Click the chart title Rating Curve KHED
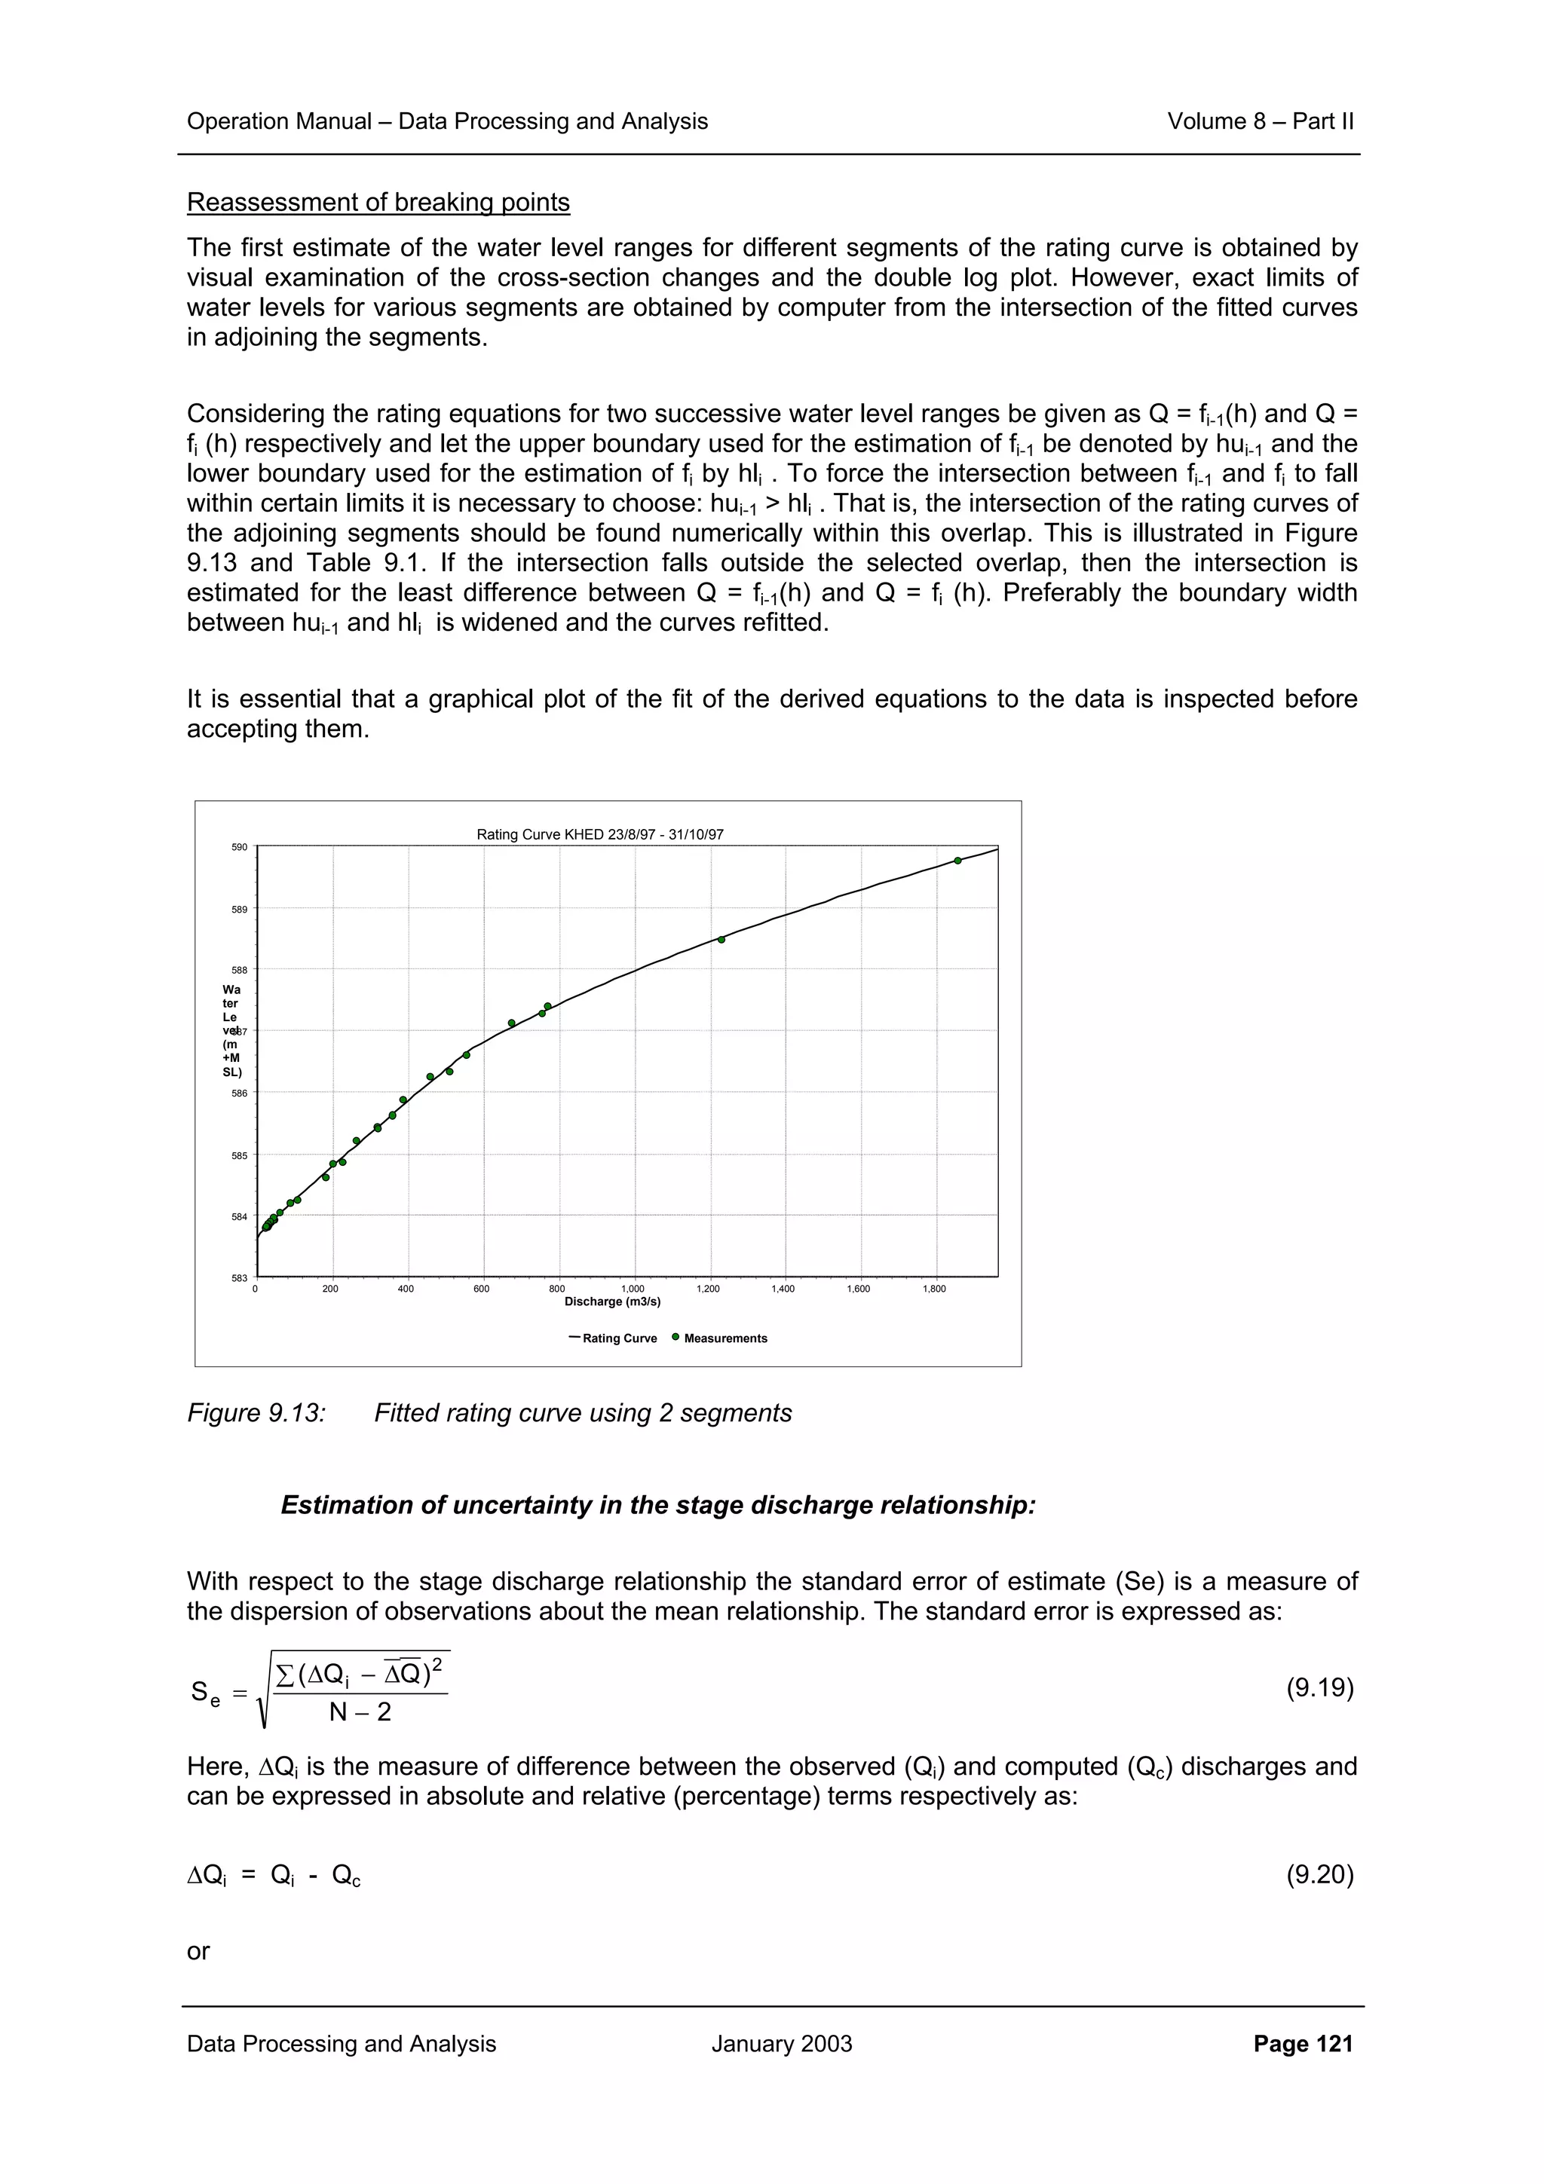coord(599,834)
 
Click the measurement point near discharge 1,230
coord(721,939)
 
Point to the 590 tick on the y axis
coord(240,846)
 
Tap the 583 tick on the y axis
coord(240,1277)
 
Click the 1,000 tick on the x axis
coord(633,1289)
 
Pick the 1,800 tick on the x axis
coord(934,1289)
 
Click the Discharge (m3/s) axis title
coord(613,1302)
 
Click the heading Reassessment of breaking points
coord(378,203)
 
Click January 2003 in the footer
coord(781,2043)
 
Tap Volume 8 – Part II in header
coord(1260,121)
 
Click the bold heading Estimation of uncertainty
coord(657,1505)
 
